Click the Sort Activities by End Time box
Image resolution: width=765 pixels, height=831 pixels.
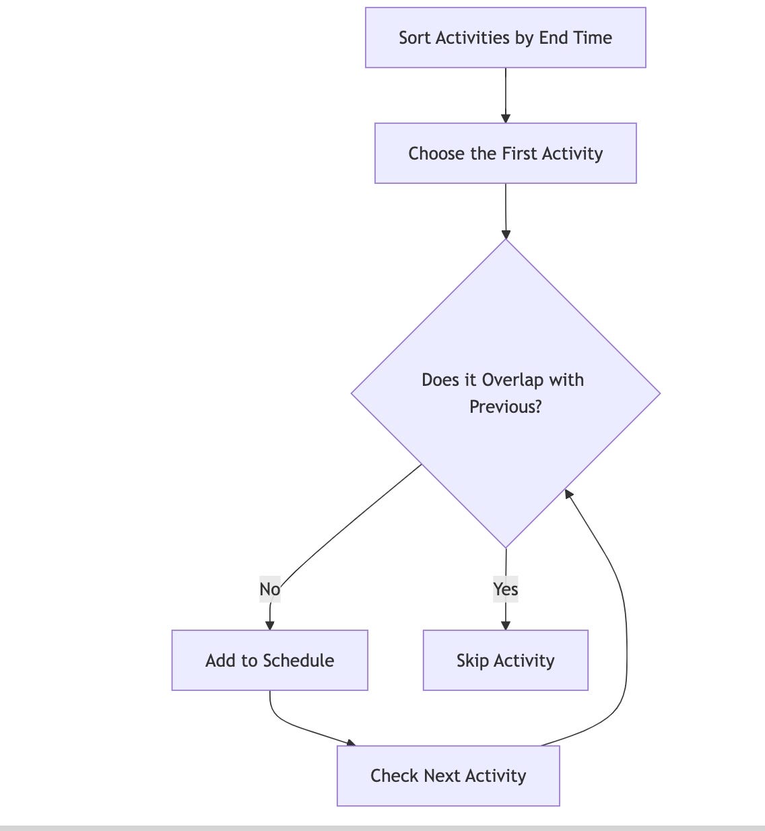(505, 38)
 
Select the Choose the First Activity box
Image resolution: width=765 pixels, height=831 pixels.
(505, 154)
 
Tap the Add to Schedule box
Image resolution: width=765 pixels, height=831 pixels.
(269, 661)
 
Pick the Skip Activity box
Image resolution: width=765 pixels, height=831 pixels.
(505, 661)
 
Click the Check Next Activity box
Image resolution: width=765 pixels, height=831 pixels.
(448, 776)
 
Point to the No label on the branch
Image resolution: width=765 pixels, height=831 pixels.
(269, 589)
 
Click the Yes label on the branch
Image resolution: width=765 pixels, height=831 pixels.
(505, 589)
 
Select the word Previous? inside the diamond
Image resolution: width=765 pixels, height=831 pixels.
(505, 407)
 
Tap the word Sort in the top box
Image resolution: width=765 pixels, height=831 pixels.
(414, 38)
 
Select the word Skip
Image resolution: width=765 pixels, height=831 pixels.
(472, 661)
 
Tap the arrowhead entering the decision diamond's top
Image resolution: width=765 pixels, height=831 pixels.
(506, 234)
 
